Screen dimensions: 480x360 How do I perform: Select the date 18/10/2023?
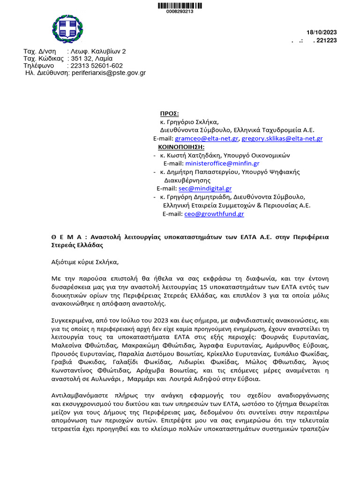click(x=322, y=32)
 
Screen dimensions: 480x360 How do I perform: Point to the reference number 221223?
click(x=327, y=41)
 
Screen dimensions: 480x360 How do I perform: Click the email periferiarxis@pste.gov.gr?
click(x=109, y=73)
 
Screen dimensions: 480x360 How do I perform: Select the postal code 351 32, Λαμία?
click(x=92, y=59)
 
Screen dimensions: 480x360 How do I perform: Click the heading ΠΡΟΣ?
click(x=170, y=113)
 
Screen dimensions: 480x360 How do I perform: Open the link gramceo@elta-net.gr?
click(x=207, y=139)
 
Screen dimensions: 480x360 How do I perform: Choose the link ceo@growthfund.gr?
click(x=214, y=214)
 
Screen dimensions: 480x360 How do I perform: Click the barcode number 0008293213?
click(x=180, y=12)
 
